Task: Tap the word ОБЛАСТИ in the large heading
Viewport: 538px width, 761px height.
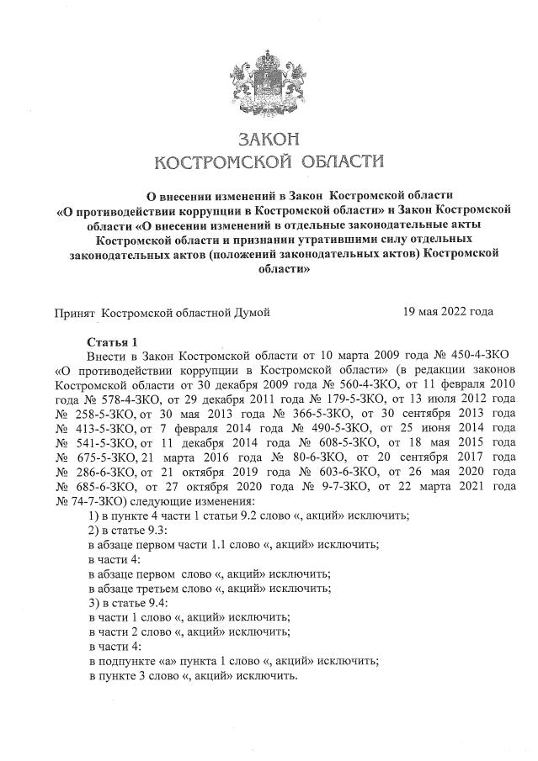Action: (x=338, y=160)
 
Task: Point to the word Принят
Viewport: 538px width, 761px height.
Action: (x=74, y=312)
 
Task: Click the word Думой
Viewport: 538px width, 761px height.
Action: (x=252, y=312)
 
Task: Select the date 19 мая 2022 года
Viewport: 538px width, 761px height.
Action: (x=448, y=312)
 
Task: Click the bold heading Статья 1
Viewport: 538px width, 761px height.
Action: (x=112, y=342)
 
